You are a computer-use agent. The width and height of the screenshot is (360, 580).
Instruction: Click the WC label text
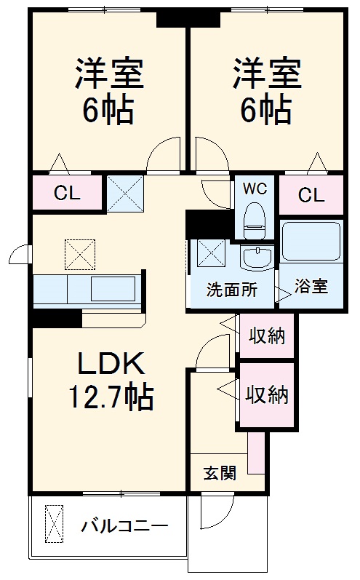[x=255, y=188]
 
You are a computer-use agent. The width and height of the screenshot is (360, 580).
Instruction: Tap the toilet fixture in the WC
[x=255, y=219]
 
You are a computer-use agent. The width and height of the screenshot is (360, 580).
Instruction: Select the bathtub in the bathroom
[x=311, y=241]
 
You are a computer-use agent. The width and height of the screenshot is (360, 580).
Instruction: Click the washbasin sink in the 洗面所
[x=256, y=258]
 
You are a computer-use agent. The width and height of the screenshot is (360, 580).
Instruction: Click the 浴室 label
[x=311, y=285]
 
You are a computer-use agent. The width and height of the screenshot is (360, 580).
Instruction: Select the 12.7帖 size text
[x=111, y=397]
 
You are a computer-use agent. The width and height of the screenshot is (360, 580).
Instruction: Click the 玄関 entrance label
[x=219, y=473]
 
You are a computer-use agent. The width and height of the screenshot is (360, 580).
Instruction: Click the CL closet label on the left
[x=67, y=194]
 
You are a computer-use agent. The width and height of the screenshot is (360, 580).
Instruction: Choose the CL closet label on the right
[x=311, y=194]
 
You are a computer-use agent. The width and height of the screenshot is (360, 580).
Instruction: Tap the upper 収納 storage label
[x=267, y=336]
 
